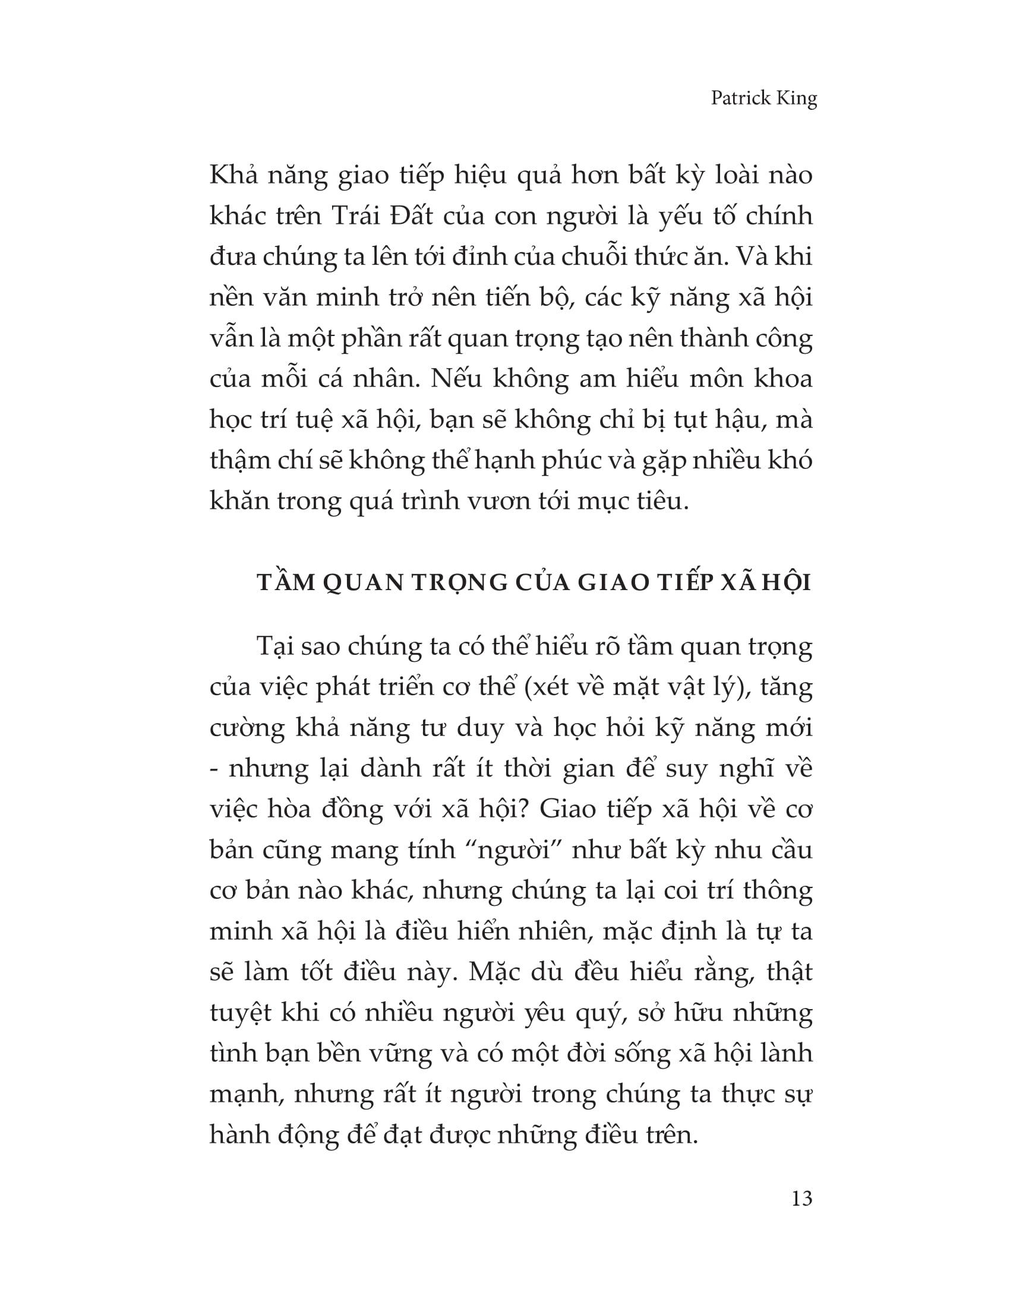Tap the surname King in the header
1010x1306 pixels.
pyautogui.click(x=797, y=98)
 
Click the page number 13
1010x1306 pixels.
pyautogui.click(x=802, y=1199)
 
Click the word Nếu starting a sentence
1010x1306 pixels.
pyautogui.click(x=456, y=379)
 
